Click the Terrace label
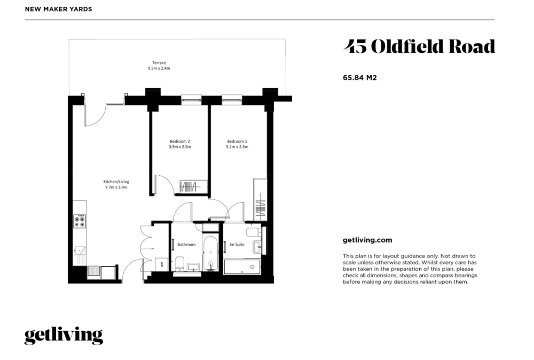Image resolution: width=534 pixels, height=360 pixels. click(x=159, y=62)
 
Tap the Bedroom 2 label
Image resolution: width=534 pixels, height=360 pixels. click(x=180, y=142)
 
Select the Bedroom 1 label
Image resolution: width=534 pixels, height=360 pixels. click(x=237, y=142)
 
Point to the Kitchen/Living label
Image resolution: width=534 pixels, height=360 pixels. click(x=116, y=182)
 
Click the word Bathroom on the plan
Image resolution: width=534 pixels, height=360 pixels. click(x=186, y=245)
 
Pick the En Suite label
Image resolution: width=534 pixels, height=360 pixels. click(x=237, y=245)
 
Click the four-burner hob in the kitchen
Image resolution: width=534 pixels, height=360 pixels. click(x=80, y=221)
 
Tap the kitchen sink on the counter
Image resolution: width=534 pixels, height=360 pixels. click(x=80, y=251)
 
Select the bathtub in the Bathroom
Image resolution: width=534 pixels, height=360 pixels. click(x=210, y=253)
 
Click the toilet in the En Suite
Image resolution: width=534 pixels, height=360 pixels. click(x=253, y=232)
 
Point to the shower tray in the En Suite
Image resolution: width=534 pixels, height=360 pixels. click(x=242, y=267)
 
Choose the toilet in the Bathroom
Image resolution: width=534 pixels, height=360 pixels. click(x=179, y=264)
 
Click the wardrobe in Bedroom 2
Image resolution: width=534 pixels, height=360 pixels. click(x=193, y=186)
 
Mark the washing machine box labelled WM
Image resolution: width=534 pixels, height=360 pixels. click(x=162, y=264)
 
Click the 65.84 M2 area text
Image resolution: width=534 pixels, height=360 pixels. click(x=359, y=77)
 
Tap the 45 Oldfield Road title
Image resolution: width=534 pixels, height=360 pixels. click(x=419, y=46)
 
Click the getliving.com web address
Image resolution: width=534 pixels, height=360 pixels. click(x=367, y=240)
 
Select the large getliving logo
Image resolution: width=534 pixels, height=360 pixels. click(x=64, y=335)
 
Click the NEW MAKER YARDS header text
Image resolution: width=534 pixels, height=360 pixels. click(x=59, y=9)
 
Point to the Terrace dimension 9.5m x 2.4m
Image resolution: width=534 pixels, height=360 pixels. click(x=159, y=68)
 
